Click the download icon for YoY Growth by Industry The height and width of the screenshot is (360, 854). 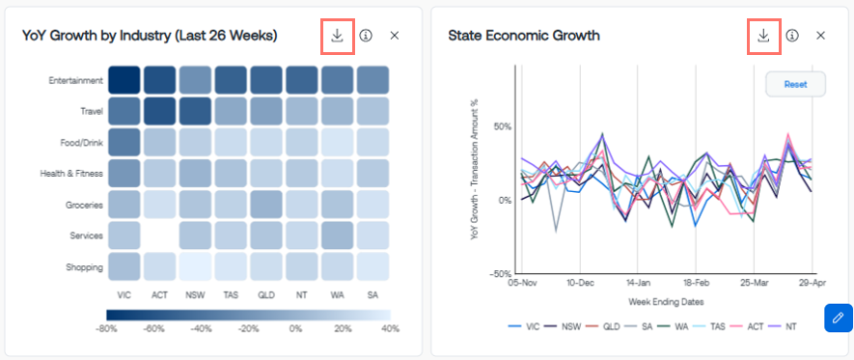[338, 36]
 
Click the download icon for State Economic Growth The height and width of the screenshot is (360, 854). [763, 36]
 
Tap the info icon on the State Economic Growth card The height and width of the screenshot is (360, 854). [792, 36]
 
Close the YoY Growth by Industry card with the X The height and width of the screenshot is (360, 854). [395, 36]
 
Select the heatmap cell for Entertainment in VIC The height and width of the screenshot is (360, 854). [124, 79]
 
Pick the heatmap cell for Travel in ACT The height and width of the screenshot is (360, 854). [159, 111]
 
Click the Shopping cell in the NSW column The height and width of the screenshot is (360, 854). [195, 266]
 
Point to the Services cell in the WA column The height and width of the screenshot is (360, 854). [337, 235]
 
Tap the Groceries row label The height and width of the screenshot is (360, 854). [84, 206]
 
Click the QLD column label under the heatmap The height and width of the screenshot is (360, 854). [266, 295]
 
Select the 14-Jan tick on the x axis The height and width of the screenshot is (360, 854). [638, 283]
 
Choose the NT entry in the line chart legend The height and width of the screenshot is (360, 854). [786, 326]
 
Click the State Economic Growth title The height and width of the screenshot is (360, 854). [524, 36]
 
